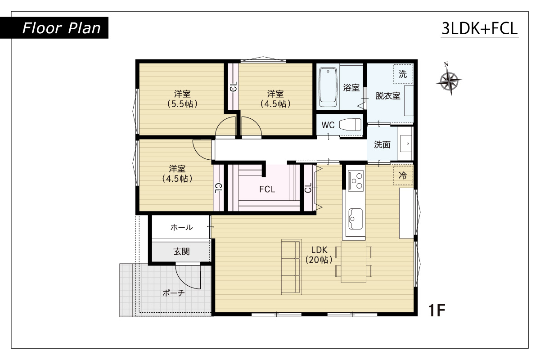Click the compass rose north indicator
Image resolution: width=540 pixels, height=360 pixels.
pyautogui.click(x=449, y=80)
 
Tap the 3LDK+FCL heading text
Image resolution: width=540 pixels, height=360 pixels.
pyautogui.click(x=480, y=28)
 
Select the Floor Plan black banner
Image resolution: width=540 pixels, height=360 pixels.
pyautogui.click(x=54, y=28)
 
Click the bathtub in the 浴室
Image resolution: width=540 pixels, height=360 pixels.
pyautogui.click(x=328, y=88)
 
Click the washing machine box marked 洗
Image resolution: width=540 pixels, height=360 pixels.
pyautogui.click(x=403, y=74)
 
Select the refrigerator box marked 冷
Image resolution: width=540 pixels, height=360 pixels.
pyautogui.click(x=403, y=175)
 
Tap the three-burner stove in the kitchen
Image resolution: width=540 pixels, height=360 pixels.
pyautogui.click(x=355, y=181)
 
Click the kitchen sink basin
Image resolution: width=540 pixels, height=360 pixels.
pyautogui.click(x=355, y=219)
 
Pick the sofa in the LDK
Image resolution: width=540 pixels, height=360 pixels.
pyautogui.click(x=292, y=267)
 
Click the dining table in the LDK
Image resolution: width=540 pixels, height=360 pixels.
pyautogui.click(x=353, y=261)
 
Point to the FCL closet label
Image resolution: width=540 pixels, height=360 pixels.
pyautogui.click(x=267, y=189)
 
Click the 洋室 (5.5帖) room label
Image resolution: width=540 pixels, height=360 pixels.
pyautogui.click(x=183, y=99)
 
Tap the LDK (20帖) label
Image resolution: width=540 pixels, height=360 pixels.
pyautogui.click(x=319, y=255)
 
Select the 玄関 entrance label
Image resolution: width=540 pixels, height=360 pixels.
pyautogui.click(x=181, y=252)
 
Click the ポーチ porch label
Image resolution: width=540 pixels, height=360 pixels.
pyautogui.click(x=174, y=293)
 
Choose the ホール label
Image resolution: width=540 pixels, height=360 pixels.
pyautogui.click(x=181, y=227)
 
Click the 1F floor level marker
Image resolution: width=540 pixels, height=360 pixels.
pyautogui.click(x=436, y=310)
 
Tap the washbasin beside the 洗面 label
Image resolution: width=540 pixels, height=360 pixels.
pyautogui.click(x=406, y=144)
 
